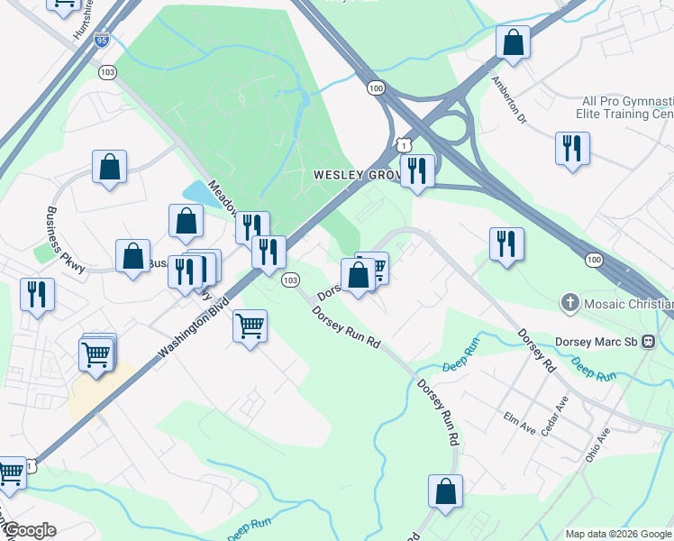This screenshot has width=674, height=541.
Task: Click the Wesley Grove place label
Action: point(354,174)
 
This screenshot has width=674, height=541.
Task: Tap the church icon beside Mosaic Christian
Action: point(569,303)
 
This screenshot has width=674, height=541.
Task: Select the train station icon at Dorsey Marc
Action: point(663,342)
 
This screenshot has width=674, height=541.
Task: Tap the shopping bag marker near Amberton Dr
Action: point(513,43)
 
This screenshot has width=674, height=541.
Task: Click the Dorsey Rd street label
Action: point(535,351)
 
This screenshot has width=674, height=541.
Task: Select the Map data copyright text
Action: point(618,534)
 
